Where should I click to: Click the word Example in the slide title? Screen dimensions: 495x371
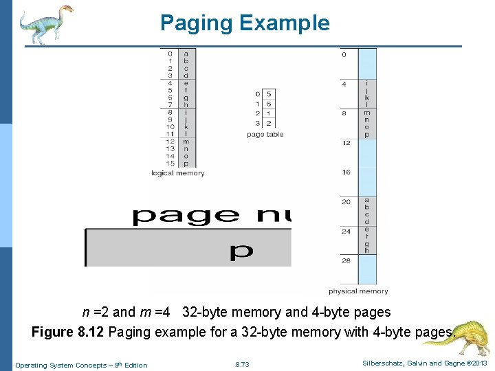tap(284, 23)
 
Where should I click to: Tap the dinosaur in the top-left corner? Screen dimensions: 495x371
tap(44, 24)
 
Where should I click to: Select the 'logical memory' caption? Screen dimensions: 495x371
tap(177, 173)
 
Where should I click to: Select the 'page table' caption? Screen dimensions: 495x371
tap(265, 135)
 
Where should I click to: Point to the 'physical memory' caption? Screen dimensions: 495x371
tap(357, 291)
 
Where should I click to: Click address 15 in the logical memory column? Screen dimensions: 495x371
tap(170, 164)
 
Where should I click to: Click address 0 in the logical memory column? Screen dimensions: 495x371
tap(170, 54)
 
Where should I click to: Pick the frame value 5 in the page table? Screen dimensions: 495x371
tap(268, 94)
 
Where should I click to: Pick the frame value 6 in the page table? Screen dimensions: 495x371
tap(268, 104)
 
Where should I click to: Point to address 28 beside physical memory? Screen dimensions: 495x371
tap(346, 261)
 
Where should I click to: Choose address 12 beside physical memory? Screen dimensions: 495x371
tap(346, 143)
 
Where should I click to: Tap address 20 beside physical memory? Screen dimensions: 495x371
tap(346, 202)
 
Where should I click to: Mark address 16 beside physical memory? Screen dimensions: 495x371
tap(346, 172)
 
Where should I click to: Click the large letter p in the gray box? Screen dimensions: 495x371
tap(241, 251)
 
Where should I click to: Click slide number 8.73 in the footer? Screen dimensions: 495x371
tap(242, 365)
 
